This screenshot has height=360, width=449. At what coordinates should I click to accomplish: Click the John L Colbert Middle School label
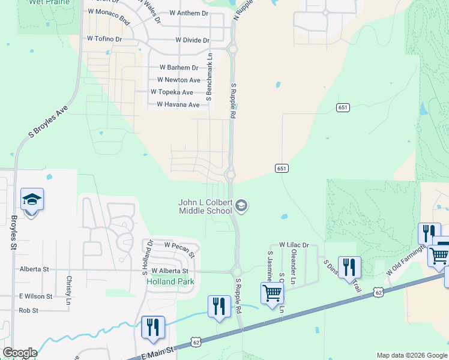pos(205,207)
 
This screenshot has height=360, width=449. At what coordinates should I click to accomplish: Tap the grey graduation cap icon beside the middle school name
pos(241,206)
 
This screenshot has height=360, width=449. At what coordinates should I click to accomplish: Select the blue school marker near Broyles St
pos(32,200)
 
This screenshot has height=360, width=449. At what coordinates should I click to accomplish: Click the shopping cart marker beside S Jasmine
pos(272,293)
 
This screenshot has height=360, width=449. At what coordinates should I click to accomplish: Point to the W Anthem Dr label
pos(189,13)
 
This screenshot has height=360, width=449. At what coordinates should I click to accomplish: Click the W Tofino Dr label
pos(104,38)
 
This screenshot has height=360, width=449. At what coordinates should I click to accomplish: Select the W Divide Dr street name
pos(192,40)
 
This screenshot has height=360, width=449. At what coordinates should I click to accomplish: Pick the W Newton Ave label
pos(178,80)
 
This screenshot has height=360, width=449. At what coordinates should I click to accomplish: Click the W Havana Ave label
pos(178,104)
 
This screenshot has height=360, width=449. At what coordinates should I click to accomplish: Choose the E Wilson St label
pos(35,296)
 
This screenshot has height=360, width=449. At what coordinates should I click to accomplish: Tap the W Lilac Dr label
pos(294,245)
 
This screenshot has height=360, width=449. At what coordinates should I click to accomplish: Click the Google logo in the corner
pos(20,353)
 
